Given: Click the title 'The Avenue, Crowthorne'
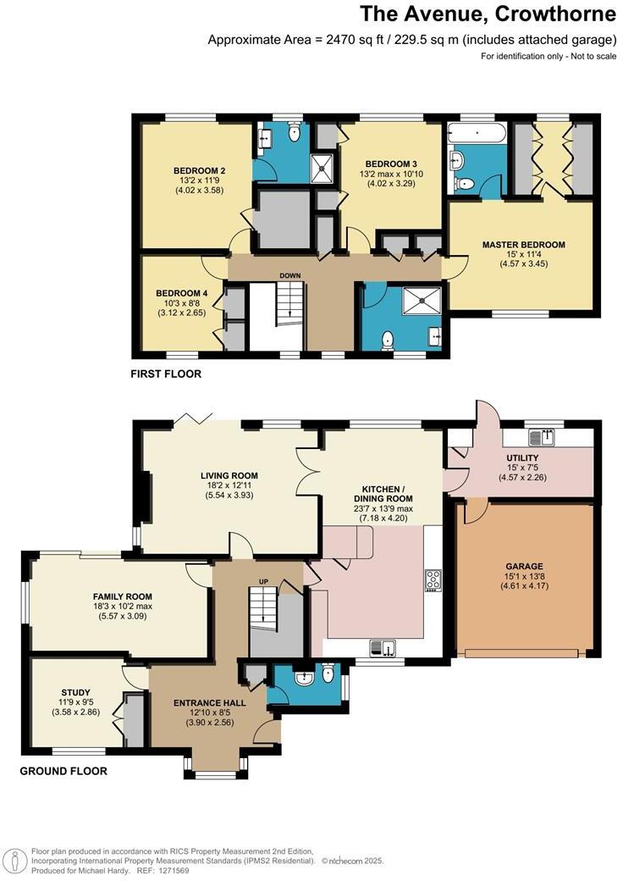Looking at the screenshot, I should tap(488, 14).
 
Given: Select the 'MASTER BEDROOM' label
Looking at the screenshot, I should tap(523, 245).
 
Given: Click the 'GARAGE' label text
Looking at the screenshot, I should tap(526, 566).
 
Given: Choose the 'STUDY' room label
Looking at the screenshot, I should tap(75, 692).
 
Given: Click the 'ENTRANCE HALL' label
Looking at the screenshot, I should tap(210, 703).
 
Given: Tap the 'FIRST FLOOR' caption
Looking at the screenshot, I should tap(166, 374).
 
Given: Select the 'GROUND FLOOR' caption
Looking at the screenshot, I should tap(63, 772).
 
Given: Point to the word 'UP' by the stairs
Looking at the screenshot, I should tap(262, 582).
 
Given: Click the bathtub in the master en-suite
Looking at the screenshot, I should tap(476, 133).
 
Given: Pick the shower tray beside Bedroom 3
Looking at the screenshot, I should tap(322, 167).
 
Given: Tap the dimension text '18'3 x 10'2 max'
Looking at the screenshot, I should tap(123, 607).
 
